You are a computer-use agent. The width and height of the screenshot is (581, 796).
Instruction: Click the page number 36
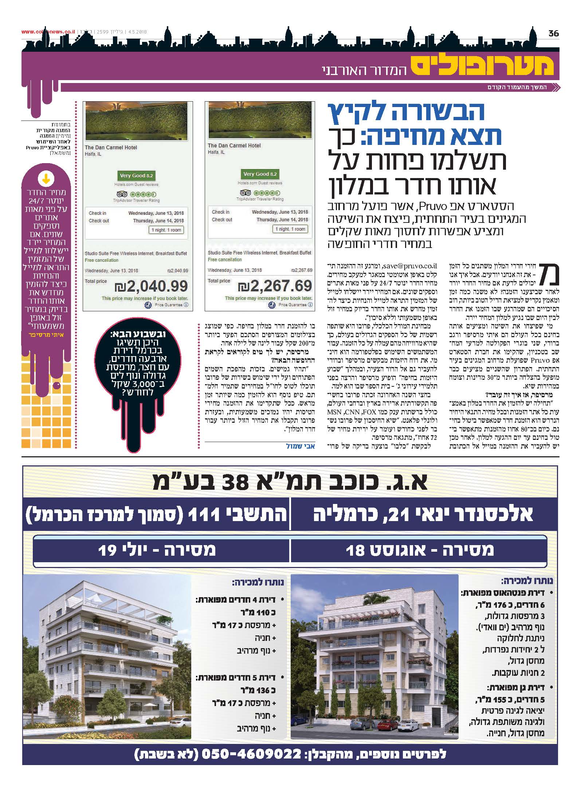[553, 34]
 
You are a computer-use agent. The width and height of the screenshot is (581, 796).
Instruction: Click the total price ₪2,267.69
[275, 286]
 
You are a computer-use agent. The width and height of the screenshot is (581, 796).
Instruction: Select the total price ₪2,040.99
[151, 286]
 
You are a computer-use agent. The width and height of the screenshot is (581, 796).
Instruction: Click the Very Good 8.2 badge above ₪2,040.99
[136, 176]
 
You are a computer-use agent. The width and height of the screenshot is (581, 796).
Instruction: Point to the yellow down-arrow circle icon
[46, 179]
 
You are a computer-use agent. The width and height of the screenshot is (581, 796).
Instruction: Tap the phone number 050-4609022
[251, 753]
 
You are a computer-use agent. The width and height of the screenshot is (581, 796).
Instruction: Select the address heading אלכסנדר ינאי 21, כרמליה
[423, 514]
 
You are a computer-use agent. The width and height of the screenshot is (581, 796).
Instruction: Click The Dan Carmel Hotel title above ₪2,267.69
[234, 146]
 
